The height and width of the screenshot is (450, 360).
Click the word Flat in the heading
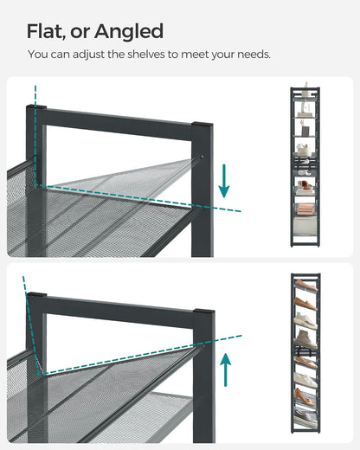[x=45, y=32]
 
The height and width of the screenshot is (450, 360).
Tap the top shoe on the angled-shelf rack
[x=305, y=284]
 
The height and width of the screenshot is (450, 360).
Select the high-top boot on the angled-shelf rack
[x=305, y=337]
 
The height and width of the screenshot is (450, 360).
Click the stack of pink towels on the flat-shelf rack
[x=305, y=207]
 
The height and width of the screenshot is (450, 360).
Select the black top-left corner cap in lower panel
[x=35, y=297]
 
